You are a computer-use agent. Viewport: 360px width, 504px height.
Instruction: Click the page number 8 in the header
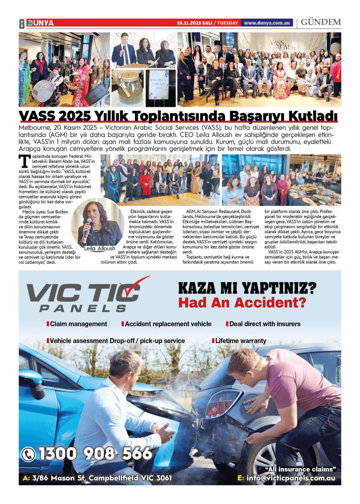click(x=22, y=23)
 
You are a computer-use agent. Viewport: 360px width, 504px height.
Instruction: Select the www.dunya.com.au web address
click(x=267, y=23)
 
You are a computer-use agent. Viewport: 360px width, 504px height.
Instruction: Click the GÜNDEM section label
click(x=321, y=23)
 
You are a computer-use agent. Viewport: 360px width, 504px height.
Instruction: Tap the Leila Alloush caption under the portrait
click(x=99, y=248)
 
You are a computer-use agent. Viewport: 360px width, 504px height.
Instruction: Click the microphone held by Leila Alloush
click(x=89, y=224)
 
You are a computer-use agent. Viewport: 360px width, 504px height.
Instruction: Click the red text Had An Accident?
click(x=242, y=302)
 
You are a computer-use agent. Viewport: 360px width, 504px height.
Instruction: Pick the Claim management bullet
click(x=78, y=324)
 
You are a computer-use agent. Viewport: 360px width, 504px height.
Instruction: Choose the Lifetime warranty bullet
click(x=240, y=340)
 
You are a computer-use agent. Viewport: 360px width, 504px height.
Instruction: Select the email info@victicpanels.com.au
click(x=290, y=478)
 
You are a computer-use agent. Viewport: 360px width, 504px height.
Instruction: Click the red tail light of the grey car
click(x=223, y=403)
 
